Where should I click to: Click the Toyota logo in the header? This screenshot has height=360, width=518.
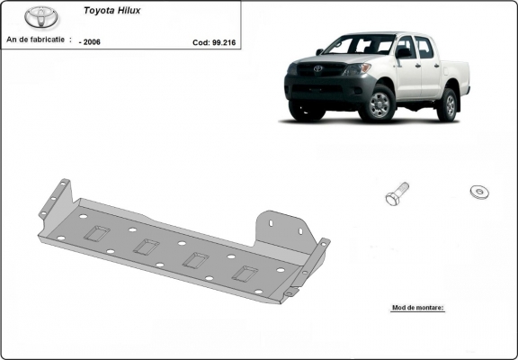click(x=40, y=17)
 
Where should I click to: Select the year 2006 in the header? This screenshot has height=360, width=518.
click(x=91, y=41)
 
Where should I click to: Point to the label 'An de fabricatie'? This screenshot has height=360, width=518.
click(x=36, y=40)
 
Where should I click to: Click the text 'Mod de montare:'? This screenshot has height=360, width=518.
click(x=418, y=307)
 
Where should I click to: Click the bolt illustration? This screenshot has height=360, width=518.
click(x=396, y=193)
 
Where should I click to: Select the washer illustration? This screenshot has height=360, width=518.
click(x=479, y=191)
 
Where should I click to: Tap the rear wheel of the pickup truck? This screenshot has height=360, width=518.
click(x=447, y=105)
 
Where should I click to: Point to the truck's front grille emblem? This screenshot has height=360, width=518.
click(x=316, y=68)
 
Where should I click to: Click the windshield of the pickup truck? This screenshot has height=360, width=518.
click(x=360, y=45)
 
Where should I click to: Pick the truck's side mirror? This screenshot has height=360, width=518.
click(x=403, y=53)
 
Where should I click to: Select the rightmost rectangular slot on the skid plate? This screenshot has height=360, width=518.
click(x=246, y=274)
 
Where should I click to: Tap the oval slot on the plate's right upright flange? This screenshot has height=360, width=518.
click(x=271, y=221)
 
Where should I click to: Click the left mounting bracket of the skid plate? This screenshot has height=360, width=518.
click(x=57, y=200)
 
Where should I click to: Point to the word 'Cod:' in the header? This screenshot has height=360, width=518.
click(x=201, y=41)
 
